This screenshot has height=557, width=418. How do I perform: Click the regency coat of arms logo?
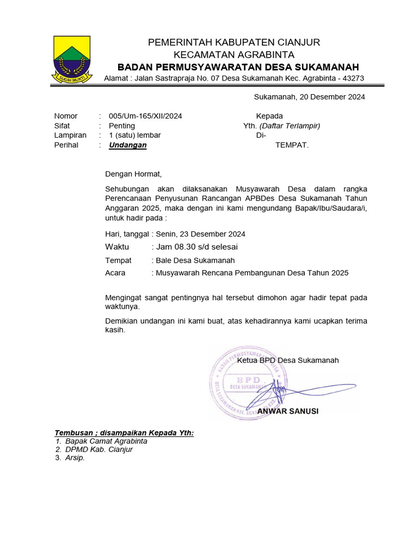72,59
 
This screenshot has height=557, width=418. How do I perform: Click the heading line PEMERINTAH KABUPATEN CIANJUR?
234,42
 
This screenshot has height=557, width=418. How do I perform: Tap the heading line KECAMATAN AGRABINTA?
234,54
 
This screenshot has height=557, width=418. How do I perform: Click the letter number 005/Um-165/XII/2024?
145,116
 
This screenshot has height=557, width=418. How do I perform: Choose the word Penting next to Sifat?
122,126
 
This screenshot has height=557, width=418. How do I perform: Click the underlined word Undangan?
127,145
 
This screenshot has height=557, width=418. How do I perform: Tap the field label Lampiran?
70,135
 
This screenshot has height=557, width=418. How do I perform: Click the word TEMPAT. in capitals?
292,145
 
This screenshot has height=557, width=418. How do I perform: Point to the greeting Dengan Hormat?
133,175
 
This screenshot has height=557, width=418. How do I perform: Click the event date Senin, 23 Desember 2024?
200,234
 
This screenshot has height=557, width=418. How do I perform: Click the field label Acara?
115,273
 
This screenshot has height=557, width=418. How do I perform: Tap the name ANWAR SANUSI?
288,411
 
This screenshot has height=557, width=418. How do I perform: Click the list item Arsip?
75,458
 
